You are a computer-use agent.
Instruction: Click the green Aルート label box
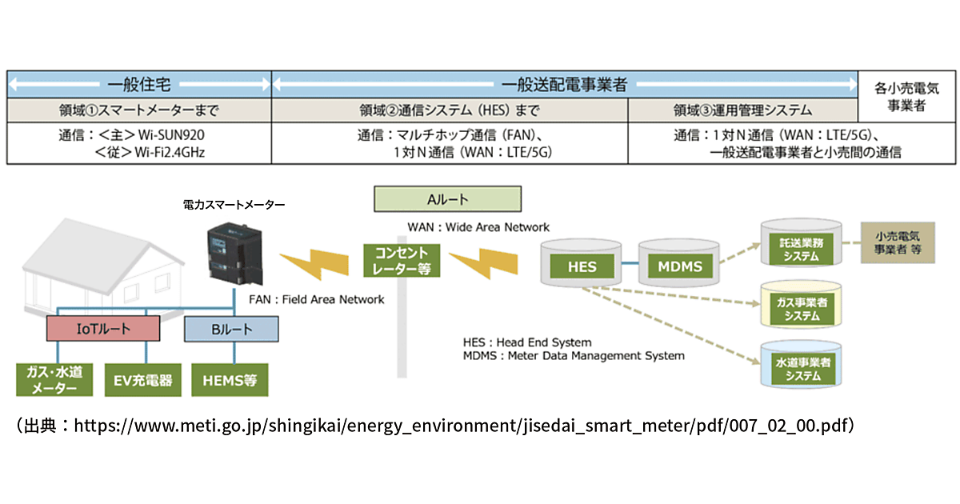[448, 198]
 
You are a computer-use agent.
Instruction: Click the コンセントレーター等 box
[402, 260]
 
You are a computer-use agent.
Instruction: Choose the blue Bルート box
[231, 328]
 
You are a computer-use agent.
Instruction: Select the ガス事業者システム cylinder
[799, 308]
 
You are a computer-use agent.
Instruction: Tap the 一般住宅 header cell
[139, 84]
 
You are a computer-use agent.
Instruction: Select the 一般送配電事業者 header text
[564, 84]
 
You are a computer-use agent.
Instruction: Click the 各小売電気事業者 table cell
[906, 97]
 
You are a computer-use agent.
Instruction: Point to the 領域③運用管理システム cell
[742, 110]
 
